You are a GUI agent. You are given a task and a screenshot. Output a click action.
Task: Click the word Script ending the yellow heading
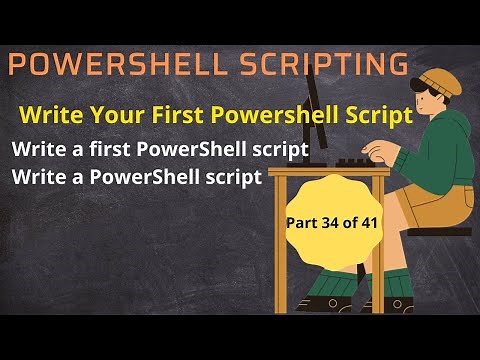click(383, 115)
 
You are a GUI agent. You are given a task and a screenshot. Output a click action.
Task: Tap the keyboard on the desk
click(360, 161)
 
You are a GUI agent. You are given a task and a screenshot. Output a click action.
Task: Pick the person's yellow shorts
click(430, 200)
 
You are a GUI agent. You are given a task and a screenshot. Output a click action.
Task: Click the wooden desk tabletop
click(330, 172)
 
